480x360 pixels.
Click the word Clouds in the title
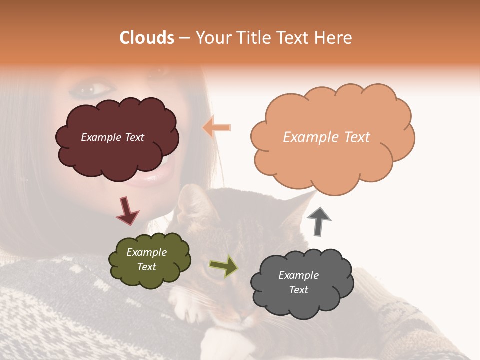[x=147, y=38]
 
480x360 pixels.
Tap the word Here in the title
[x=333, y=38]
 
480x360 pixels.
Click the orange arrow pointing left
[x=217, y=127]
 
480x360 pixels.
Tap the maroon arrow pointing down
[x=127, y=210]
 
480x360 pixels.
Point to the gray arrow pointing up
[x=318, y=221]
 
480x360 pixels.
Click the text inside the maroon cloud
[x=112, y=137]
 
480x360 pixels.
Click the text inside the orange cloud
[x=326, y=137]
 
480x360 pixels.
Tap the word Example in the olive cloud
[x=146, y=253]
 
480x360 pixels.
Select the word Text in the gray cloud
[x=298, y=290]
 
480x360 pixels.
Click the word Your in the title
[x=212, y=38]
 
